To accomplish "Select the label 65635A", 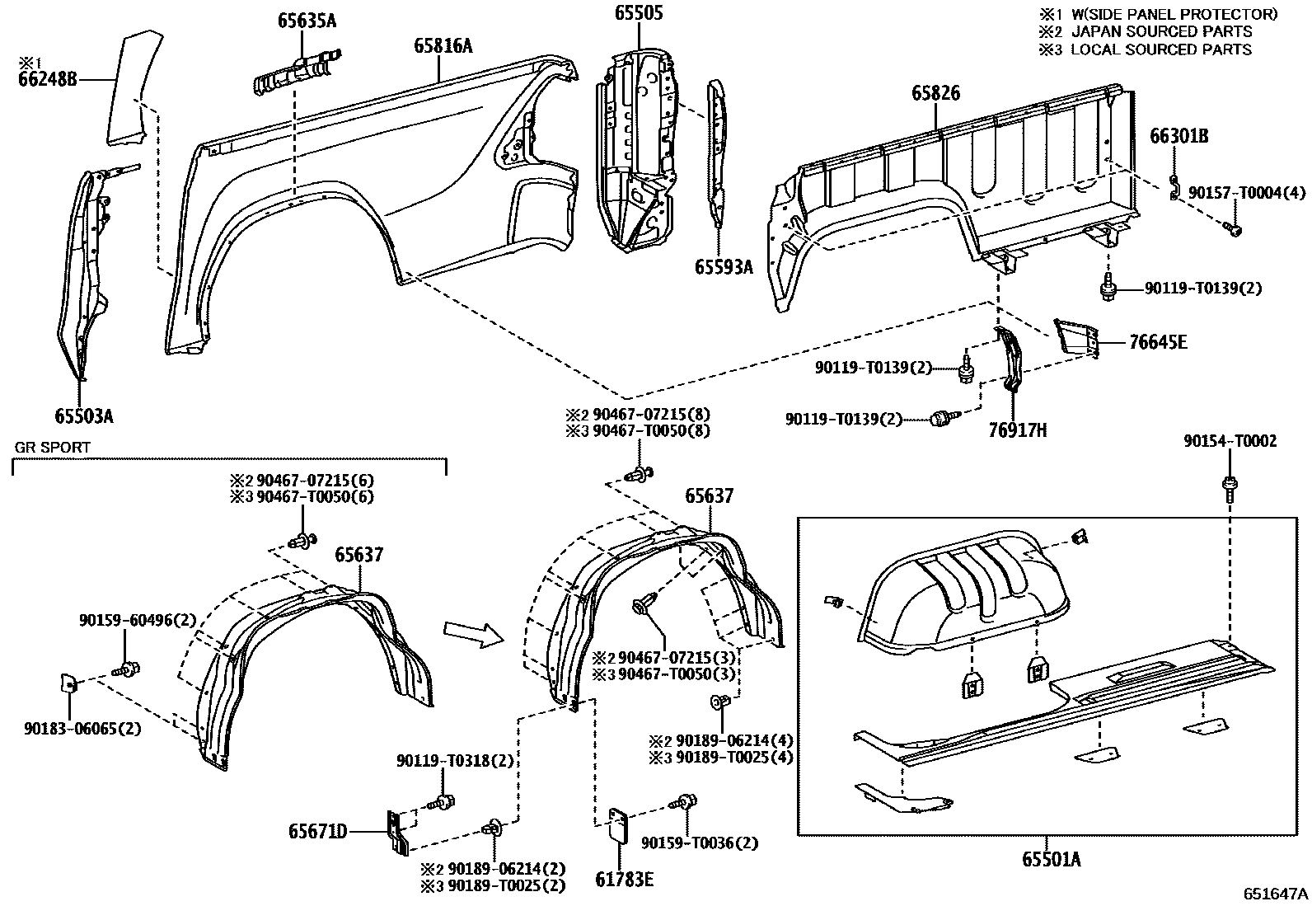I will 307,21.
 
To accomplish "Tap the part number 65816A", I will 443,46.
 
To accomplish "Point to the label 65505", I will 639,12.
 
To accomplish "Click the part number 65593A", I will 724,266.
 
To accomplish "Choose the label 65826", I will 935,94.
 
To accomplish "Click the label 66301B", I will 1178,137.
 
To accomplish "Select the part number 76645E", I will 1159,341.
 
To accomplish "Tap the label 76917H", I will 1018,430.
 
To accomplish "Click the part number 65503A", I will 84,416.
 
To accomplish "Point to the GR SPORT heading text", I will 53,448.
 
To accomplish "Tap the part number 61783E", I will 625,880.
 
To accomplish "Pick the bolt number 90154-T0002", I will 1230,442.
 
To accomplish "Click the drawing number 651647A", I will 1276,894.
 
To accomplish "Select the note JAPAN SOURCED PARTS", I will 1161,31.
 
